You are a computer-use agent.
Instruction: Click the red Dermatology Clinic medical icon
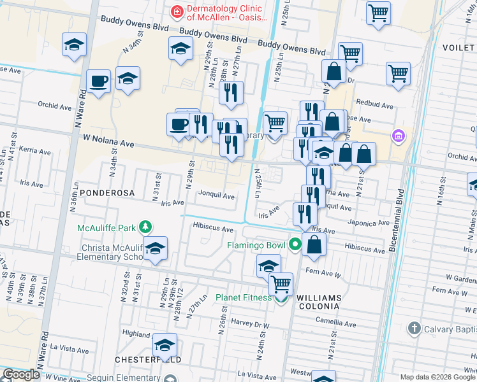coord(176,11)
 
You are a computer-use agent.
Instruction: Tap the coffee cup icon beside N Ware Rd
coord(99,81)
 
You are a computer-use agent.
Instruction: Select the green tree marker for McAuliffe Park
coord(146,227)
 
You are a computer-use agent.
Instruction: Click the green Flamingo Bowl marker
coord(295,244)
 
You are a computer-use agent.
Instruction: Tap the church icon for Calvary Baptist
coord(414,329)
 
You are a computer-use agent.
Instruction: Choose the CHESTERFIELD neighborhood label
coord(148,360)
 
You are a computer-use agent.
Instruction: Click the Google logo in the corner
coord(22,374)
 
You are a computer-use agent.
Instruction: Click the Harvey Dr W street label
coord(251,324)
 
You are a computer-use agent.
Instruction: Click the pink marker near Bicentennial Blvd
coord(399,136)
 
